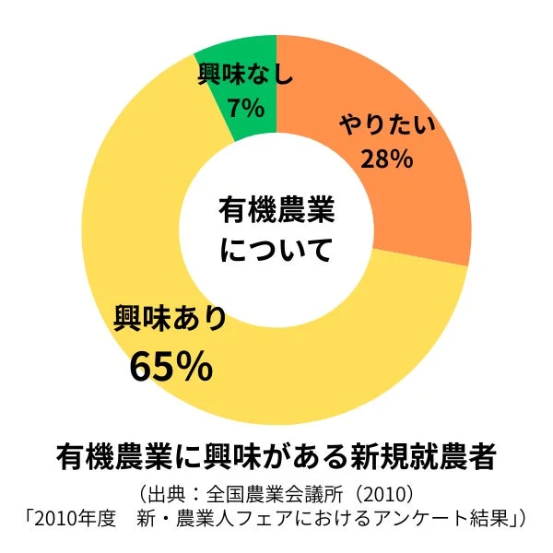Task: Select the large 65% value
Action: (171, 366)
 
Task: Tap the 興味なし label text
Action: (246, 74)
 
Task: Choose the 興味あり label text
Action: (170, 318)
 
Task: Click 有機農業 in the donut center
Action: (276, 210)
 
